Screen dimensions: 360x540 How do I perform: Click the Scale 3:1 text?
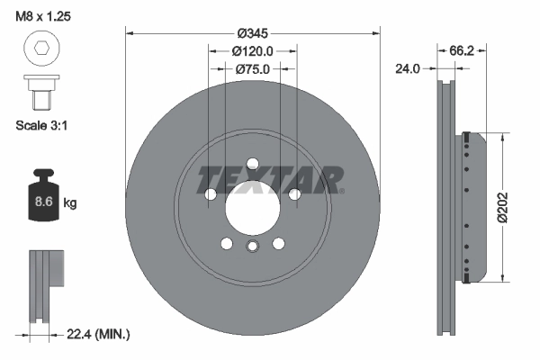43,126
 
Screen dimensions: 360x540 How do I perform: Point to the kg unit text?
71,202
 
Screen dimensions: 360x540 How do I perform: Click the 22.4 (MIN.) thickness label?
99,335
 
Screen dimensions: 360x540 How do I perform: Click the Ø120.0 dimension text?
253,51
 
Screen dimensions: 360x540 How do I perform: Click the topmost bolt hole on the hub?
252,163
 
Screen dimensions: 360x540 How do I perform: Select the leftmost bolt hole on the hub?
211,193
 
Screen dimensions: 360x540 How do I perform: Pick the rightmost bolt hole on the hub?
294,193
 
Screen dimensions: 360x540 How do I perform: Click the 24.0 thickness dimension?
410,67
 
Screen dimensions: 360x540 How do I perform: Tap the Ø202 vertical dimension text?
516,208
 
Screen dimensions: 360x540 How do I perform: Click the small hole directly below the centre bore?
252,245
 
